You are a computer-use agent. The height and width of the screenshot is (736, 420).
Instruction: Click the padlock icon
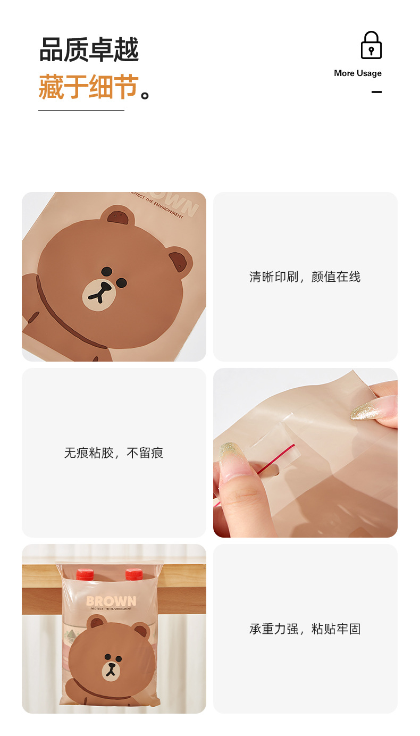click(x=371, y=45)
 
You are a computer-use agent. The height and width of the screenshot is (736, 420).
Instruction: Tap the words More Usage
click(x=358, y=73)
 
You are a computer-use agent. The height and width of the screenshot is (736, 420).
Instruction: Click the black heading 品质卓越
click(x=89, y=49)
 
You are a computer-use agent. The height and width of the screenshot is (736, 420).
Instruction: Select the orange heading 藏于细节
click(x=89, y=87)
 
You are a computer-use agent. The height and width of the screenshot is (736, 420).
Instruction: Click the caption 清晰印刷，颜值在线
click(x=305, y=277)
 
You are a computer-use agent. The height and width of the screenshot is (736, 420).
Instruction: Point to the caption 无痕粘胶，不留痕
click(x=114, y=453)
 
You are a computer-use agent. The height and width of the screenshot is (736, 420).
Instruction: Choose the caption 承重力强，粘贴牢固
click(x=305, y=629)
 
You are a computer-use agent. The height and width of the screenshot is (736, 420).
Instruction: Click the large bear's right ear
click(x=180, y=261)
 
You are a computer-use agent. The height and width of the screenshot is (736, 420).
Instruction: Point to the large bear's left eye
click(x=107, y=271)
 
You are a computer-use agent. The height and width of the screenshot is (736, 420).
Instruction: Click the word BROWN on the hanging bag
click(x=111, y=601)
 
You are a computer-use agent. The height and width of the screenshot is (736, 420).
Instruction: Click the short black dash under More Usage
click(x=376, y=92)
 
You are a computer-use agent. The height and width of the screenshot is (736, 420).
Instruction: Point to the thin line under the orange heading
click(x=81, y=110)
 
